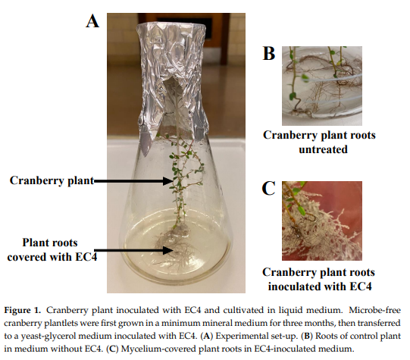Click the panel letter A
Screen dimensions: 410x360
coord(92,21)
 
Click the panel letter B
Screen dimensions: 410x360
coord(269,53)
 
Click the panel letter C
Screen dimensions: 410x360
coord(268,188)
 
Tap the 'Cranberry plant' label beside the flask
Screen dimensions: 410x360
coord(52,180)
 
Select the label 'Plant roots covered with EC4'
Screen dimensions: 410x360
coord(52,249)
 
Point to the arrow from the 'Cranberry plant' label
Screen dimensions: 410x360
coord(133,180)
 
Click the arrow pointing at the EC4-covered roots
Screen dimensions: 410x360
coord(133,250)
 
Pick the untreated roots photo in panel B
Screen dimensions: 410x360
coord(322,86)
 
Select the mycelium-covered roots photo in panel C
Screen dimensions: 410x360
coord(322,221)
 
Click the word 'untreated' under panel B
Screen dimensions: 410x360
coord(323,149)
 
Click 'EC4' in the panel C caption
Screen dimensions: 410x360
coord(360,286)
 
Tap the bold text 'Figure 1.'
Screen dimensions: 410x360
coord(23,310)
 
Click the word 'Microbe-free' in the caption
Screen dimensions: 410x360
coord(374,310)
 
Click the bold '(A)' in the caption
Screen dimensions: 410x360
coord(207,336)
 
